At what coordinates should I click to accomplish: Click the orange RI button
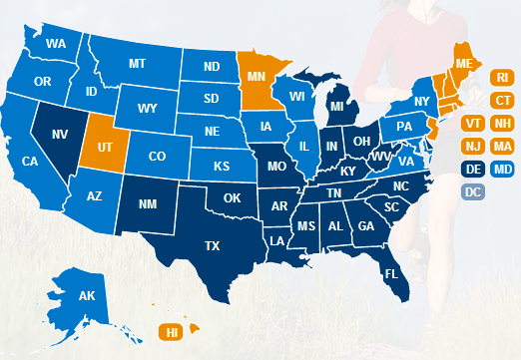pyautogui.click(x=503, y=76)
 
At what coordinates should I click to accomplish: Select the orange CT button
pyautogui.click(x=503, y=100)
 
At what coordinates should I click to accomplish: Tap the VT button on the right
pyautogui.click(x=474, y=123)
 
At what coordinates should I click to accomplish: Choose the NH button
pyautogui.click(x=503, y=123)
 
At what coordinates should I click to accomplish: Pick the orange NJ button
pyautogui.click(x=474, y=147)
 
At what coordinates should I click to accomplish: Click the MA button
pyautogui.click(x=503, y=147)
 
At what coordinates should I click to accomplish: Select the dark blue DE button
pyautogui.click(x=474, y=170)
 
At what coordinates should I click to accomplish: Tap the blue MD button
pyautogui.click(x=503, y=170)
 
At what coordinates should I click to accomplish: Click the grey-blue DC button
pyautogui.click(x=474, y=192)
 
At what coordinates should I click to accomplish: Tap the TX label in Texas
pyautogui.click(x=212, y=245)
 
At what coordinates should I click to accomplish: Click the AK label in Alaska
pyautogui.click(x=86, y=295)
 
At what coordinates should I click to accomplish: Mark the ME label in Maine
pyautogui.click(x=463, y=63)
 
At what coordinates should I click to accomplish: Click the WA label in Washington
pyautogui.click(x=56, y=44)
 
